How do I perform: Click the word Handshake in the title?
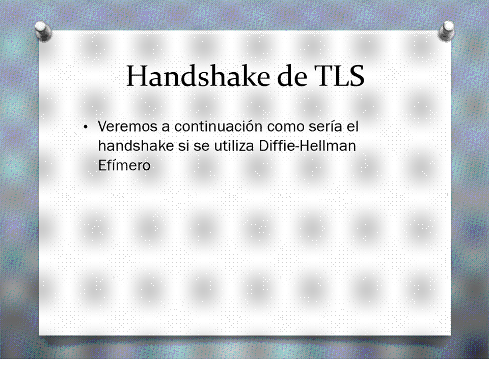point(198,76)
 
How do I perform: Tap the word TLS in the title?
point(337,76)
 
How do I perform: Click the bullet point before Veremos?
point(85,127)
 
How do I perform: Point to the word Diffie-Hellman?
point(307,146)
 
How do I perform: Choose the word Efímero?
point(124,165)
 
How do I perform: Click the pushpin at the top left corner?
point(43,30)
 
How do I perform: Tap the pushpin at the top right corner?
point(447,30)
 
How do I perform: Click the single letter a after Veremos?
point(166,128)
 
